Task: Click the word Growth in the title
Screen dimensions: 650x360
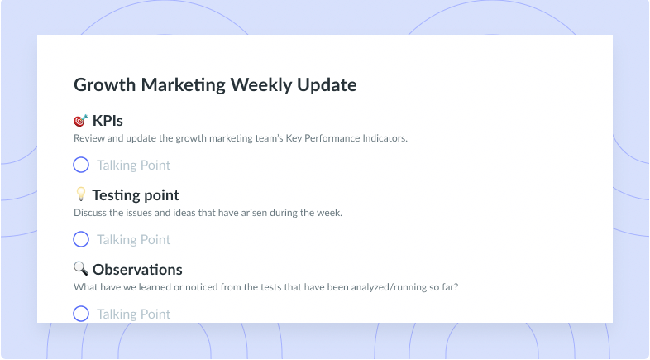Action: click(x=105, y=85)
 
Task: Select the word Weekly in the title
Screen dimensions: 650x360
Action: click(x=261, y=85)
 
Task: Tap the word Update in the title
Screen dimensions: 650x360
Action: click(x=327, y=85)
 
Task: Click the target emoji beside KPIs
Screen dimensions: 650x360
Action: click(x=81, y=120)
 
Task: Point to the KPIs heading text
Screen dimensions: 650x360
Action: click(x=108, y=121)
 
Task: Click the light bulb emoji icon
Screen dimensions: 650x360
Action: click(x=81, y=194)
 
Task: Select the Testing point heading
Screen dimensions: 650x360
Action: click(x=136, y=195)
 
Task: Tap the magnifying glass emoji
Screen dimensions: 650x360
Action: click(x=81, y=269)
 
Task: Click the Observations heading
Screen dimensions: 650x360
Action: click(x=137, y=270)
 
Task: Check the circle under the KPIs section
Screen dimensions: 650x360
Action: click(x=81, y=157)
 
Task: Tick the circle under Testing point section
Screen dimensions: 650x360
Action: click(x=81, y=232)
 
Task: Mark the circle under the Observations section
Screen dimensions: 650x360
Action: click(x=81, y=306)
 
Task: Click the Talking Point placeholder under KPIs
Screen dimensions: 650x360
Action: click(x=133, y=165)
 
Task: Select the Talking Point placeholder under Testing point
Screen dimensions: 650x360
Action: click(x=133, y=239)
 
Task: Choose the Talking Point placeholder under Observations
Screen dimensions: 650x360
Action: click(x=133, y=314)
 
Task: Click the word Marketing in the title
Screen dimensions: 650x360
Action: click(x=184, y=85)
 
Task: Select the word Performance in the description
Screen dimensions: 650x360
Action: click(x=332, y=138)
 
